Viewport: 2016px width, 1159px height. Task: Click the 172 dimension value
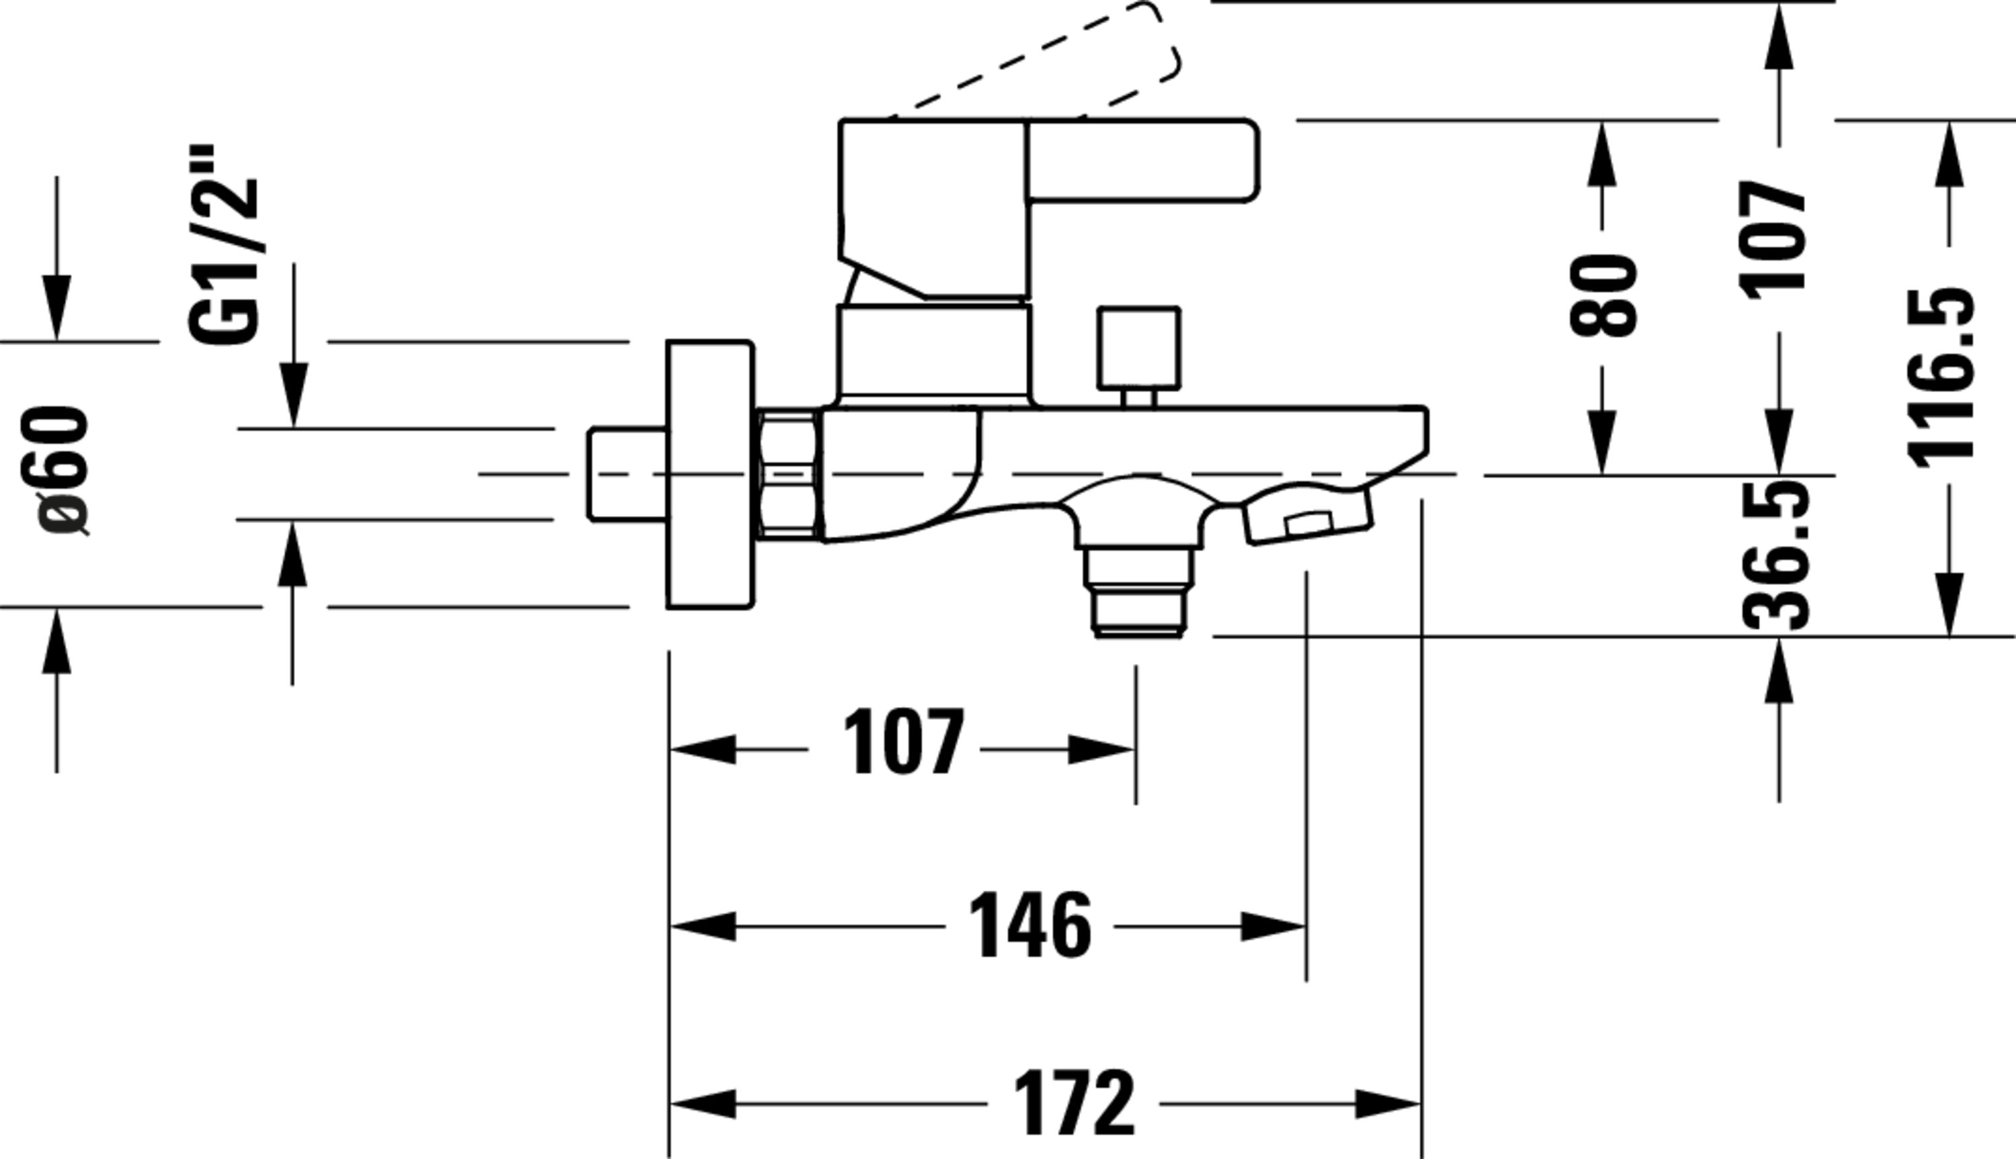(x=1073, y=1104)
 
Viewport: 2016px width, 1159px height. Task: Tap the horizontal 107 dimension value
(x=903, y=742)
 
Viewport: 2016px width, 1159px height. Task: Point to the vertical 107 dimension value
(x=1772, y=240)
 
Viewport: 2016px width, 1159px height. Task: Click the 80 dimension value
(x=1603, y=295)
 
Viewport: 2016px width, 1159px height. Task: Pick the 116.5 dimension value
(x=1941, y=377)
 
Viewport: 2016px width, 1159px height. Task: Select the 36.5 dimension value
(x=1775, y=555)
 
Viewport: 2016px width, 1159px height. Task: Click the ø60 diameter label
(x=62, y=471)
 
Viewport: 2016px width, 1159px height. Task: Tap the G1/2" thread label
(x=224, y=244)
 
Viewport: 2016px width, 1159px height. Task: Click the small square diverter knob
(x=1138, y=349)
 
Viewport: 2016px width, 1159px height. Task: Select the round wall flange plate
(x=710, y=475)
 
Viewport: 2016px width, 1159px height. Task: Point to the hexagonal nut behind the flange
(x=788, y=475)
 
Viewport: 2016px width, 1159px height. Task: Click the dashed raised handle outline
(x=1036, y=60)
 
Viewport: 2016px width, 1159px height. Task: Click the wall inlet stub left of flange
(x=627, y=475)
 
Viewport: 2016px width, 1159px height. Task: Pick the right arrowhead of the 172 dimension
(x=1388, y=1104)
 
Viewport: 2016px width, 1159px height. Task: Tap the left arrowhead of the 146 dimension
(x=702, y=927)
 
